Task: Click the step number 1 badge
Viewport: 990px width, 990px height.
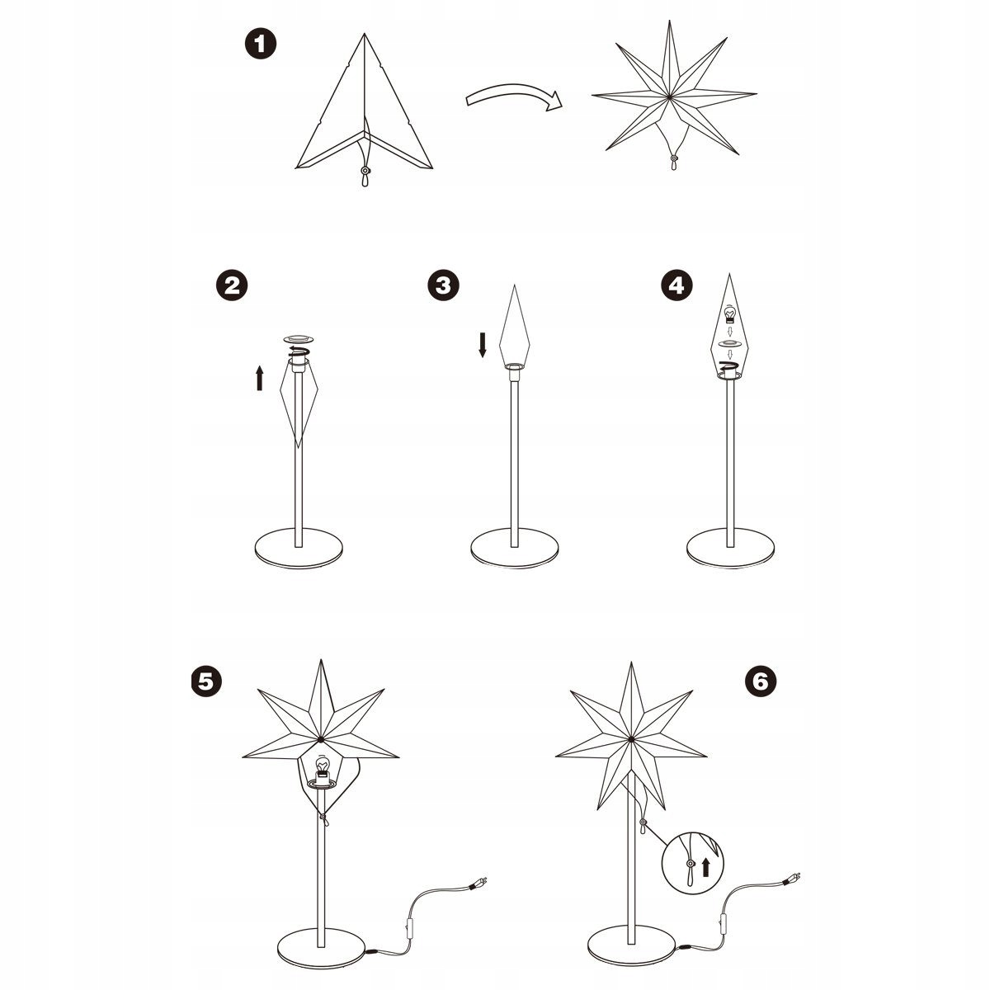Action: tap(261, 44)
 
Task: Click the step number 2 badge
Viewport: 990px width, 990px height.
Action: tap(232, 285)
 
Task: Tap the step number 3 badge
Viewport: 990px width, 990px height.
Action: tap(443, 285)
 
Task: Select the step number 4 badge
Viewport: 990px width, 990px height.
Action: tap(676, 285)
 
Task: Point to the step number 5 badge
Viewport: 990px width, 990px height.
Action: tap(206, 681)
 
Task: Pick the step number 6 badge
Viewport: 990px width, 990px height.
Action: tap(761, 681)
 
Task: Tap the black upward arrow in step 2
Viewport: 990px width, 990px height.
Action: tap(259, 378)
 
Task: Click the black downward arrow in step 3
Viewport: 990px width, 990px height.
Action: tap(482, 345)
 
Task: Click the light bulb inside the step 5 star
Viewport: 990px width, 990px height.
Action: tap(322, 765)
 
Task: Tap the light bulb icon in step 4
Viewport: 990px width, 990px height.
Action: tap(729, 313)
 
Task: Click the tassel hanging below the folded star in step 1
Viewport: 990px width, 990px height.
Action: tap(365, 176)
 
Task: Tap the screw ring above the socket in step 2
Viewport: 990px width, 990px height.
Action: tap(298, 339)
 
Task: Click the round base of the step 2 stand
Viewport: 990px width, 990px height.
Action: tap(299, 548)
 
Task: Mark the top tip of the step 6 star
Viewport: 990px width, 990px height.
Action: tap(631, 662)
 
